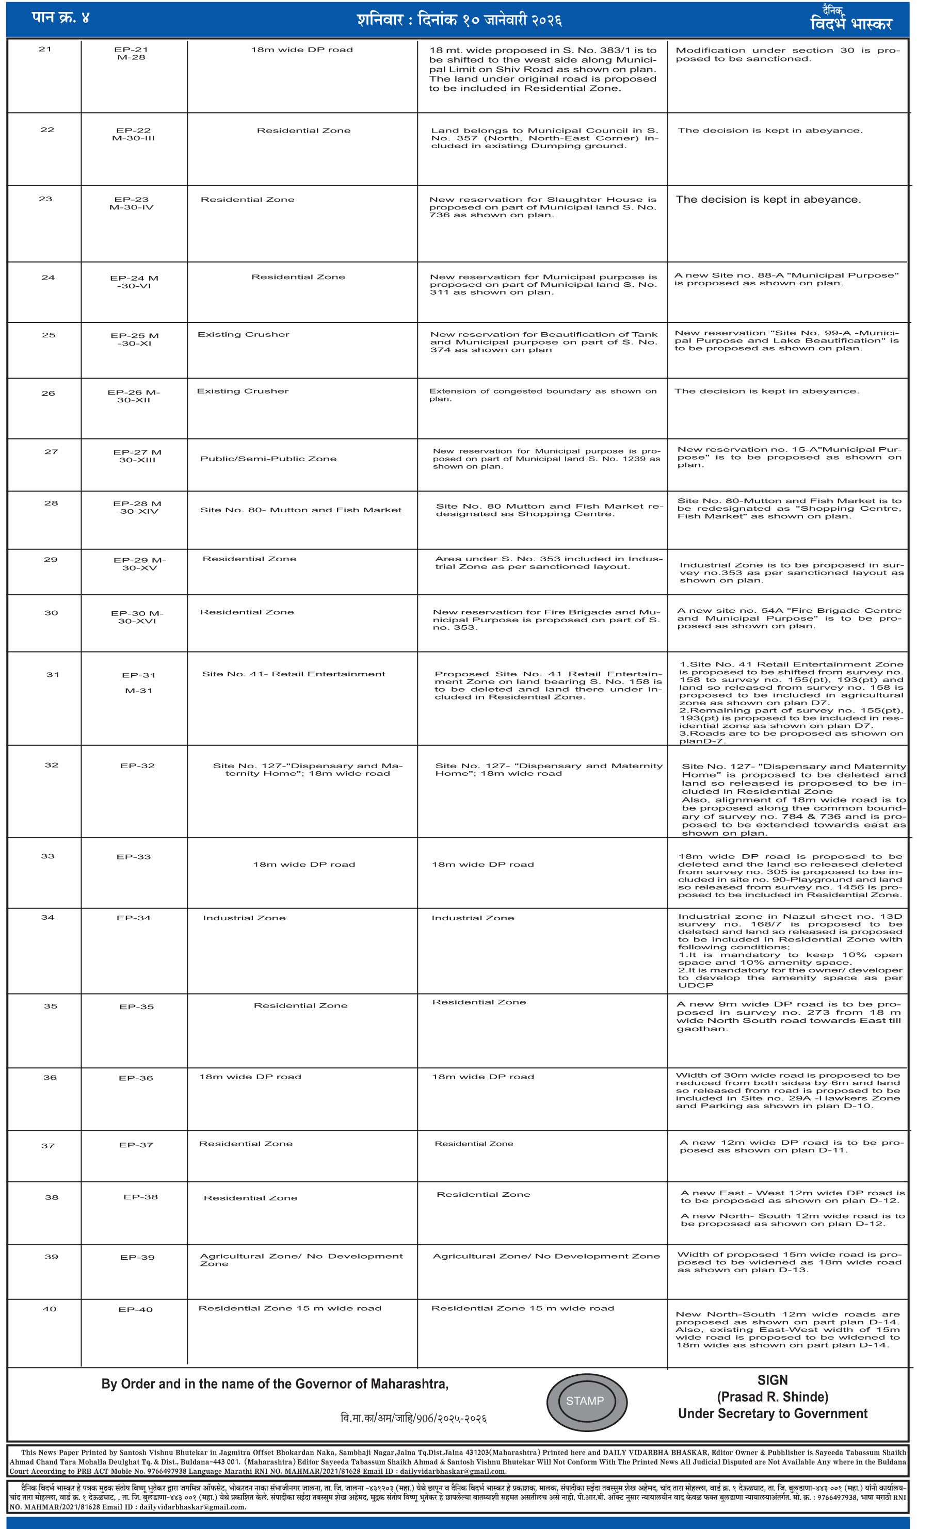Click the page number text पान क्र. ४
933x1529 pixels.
pos(60,18)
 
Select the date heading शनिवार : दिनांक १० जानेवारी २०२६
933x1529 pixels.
pos(459,20)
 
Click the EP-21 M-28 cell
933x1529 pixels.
pos(131,53)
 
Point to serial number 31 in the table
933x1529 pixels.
pos(53,675)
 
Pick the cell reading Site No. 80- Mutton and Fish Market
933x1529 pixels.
pos(300,510)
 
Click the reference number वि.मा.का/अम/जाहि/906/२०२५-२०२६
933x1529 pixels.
pos(413,1419)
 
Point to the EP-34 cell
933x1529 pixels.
pos(134,918)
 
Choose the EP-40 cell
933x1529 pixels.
pos(135,1309)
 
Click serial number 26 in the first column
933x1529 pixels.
pos(49,394)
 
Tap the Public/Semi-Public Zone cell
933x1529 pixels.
pos(268,459)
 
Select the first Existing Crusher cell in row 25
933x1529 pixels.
pos(244,334)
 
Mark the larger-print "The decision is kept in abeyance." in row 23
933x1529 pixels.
pos(768,200)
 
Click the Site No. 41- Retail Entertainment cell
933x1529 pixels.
pos(293,674)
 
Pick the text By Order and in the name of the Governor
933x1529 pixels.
pos(275,1384)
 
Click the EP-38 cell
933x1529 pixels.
pos(140,1197)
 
